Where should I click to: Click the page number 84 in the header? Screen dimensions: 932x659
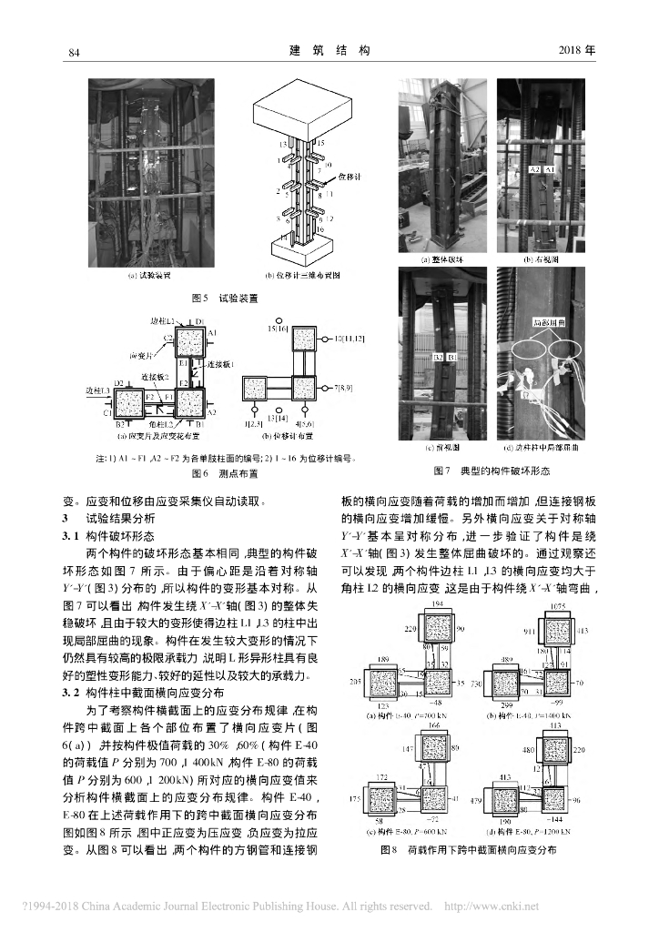76,53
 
